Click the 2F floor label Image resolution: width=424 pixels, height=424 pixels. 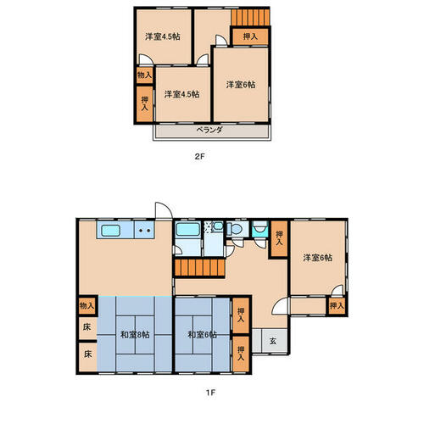pyautogui.click(x=199, y=156)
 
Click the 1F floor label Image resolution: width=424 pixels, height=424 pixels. pyautogui.click(x=210, y=393)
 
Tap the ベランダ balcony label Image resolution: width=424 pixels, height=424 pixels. pyautogui.click(x=209, y=130)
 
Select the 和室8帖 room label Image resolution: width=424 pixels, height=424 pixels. pyautogui.click(x=135, y=335)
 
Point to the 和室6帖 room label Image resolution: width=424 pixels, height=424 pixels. pyautogui.click(x=203, y=335)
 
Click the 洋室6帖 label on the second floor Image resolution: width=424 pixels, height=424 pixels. pyautogui.click(x=241, y=85)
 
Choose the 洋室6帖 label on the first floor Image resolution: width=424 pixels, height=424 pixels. pyautogui.click(x=318, y=258)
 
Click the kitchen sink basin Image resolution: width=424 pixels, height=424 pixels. pyautogui.click(x=111, y=231)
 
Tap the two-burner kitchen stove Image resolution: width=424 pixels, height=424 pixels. pyautogui.click(x=144, y=230)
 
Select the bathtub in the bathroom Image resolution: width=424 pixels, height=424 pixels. pyautogui.click(x=188, y=230)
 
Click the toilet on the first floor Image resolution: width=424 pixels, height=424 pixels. pyautogui.click(x=235, y=229)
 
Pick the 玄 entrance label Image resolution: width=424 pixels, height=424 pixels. pyautogui.click(x=272, y=341)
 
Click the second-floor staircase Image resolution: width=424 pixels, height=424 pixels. pyautogui.click(x=250, y=18)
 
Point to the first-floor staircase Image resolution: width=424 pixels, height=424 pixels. pyautogui.click(x=199, y=268)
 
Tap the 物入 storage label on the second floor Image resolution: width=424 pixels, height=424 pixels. pyautogui.click(x=144, y=75)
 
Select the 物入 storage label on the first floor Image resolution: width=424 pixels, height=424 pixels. pyautogui.click(x=86, y=305)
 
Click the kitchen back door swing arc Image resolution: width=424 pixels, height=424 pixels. pyautogui.click(x=167, y=206)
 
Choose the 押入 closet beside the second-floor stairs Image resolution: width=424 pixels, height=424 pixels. pyautogui.click(x=250, y=36)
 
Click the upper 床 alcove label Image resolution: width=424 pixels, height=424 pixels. pyautogui.click(x=86, y=327)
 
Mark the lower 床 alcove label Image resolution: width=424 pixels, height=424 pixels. pyautogui.click(x=87, y=354)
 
